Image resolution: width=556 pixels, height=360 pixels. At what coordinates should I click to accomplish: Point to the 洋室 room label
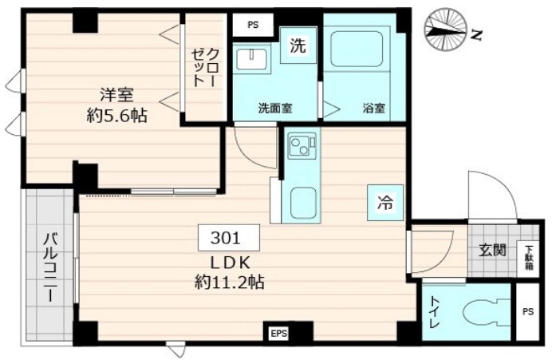pyautogui.click(x=116, y=94)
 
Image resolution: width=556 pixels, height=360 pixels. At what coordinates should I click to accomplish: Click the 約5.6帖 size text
pyautogui.click(x=116, y=115)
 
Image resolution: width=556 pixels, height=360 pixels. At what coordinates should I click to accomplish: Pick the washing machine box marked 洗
pyautogui.click(x=297, y=46)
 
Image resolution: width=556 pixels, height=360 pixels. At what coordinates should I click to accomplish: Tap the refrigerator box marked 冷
pyautogui.click(x=384, y=203)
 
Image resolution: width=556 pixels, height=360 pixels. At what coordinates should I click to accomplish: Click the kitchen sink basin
pyautogui.click(x=303, y=204)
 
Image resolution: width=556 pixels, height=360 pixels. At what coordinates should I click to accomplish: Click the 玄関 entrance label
pyautogui.click(x=492, y=250)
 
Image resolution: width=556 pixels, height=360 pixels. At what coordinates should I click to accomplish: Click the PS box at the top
pyautogui.click(x=253, y=25)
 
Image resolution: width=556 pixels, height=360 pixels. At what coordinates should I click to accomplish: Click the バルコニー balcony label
pyautogui.click(x=49, y=267)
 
